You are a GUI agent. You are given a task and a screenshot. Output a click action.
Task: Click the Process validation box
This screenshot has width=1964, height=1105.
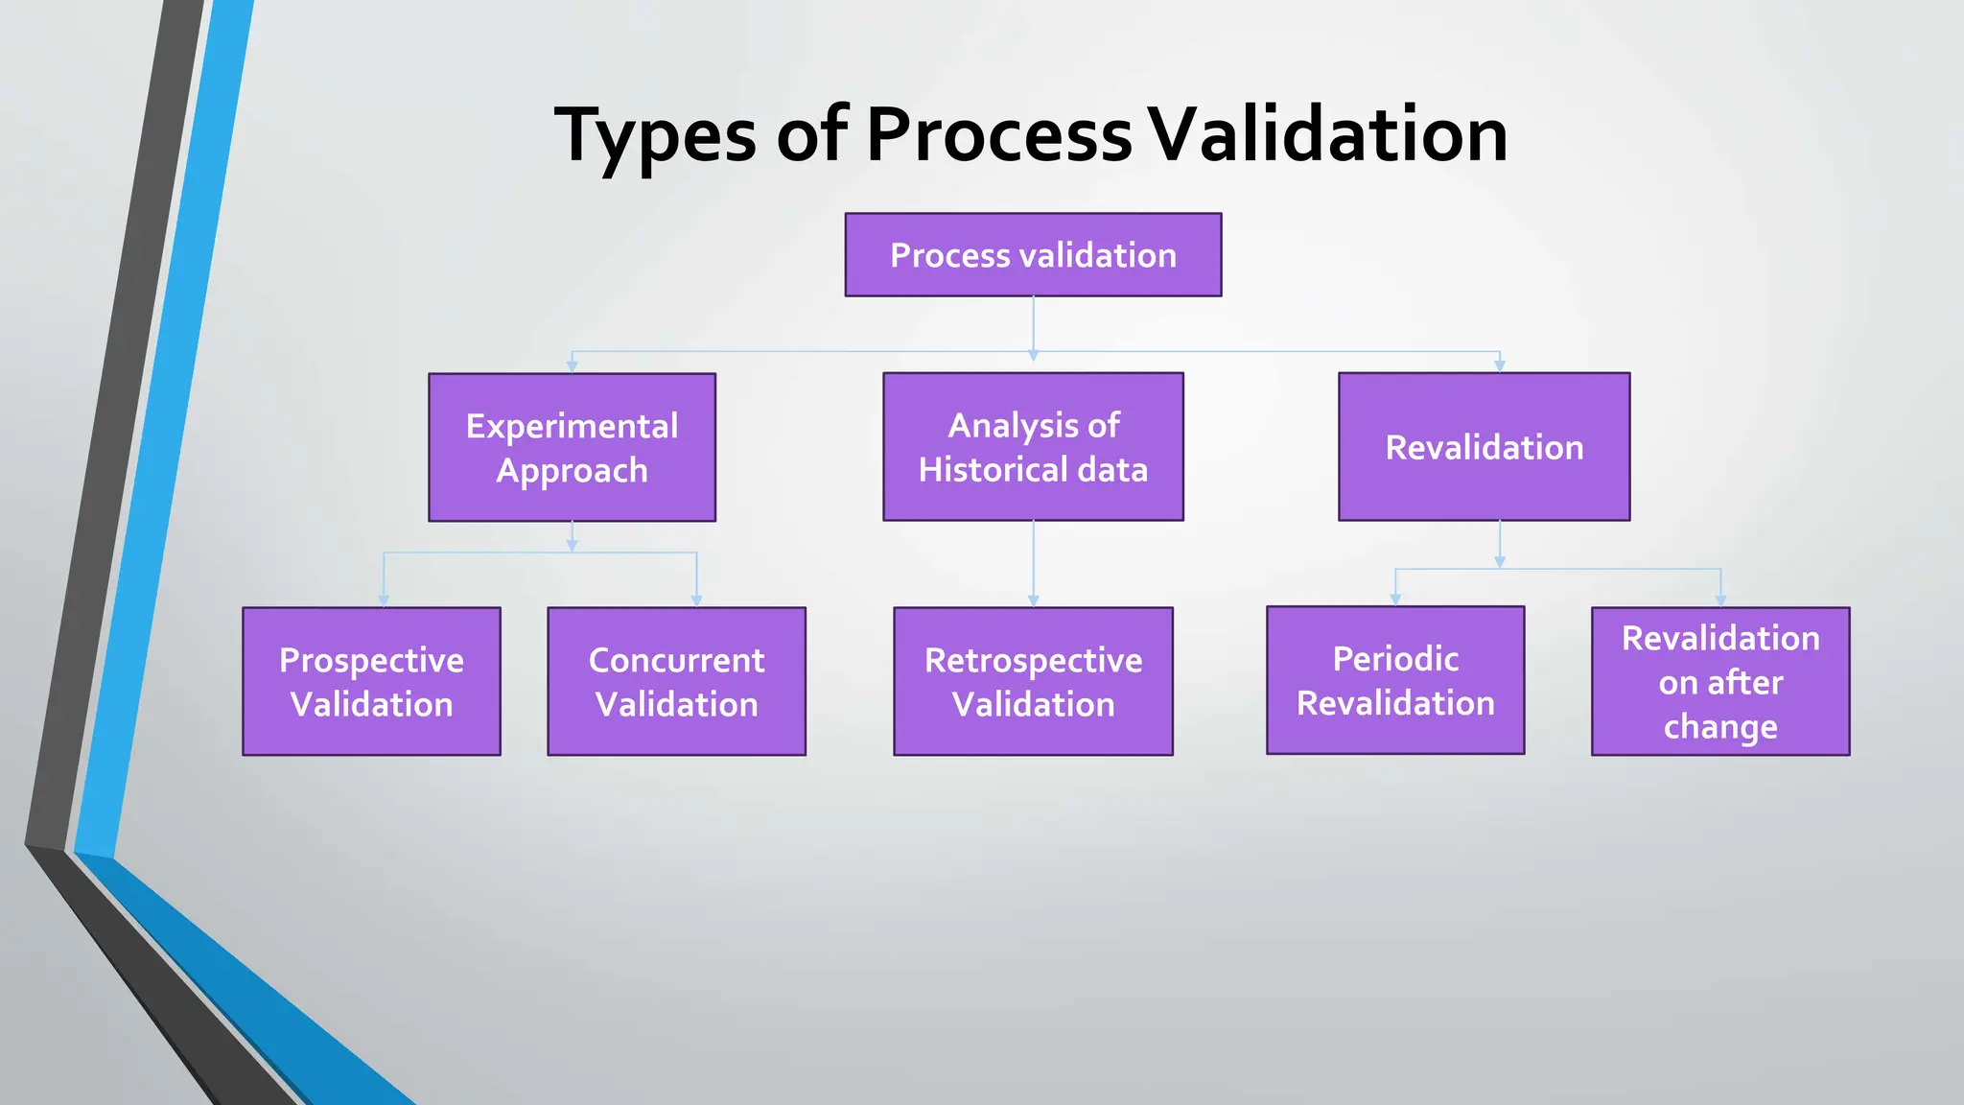point(1033,255)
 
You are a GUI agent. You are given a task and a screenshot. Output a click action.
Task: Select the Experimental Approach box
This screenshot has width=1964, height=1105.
point(572,448)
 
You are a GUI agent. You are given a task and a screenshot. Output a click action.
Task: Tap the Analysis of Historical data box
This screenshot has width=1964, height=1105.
point(1033,447)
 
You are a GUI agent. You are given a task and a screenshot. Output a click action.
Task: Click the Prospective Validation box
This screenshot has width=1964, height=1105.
point(371,682)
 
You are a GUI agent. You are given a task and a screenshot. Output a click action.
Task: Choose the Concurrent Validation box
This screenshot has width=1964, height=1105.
point(676,682)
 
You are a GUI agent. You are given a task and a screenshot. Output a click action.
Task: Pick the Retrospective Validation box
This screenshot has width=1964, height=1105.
point(1033,682)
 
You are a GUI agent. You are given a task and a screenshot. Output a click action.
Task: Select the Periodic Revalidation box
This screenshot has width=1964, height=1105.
point(1395,681)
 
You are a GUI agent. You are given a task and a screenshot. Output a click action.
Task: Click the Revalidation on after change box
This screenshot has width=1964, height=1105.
point(1720,682)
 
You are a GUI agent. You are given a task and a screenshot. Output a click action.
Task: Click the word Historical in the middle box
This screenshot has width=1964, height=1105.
point(993,470)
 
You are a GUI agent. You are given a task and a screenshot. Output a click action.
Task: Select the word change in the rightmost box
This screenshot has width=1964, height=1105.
point(1720,727)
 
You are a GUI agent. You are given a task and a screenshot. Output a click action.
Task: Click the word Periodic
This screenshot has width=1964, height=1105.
point(1395,659)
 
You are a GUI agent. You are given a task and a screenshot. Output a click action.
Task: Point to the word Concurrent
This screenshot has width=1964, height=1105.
point(676,660)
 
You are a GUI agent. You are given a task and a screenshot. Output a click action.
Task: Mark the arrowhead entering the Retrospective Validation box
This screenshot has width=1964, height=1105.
point(1033,600)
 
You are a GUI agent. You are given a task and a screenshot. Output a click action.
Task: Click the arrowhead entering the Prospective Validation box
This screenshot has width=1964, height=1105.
point(384,600)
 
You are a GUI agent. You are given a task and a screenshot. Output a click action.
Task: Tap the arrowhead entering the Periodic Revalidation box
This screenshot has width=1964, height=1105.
point(1395,600)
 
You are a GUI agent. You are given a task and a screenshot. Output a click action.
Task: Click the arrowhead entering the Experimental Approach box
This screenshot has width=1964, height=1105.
point(572,366)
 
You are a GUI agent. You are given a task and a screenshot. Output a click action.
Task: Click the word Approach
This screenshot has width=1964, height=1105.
point(572,471)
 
